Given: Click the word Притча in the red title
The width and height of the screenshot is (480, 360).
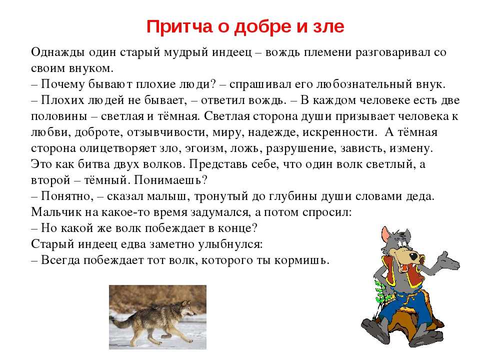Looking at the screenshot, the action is [179, 27].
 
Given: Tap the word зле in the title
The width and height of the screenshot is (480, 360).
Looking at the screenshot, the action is [328, 26].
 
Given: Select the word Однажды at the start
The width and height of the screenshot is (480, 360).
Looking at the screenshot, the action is [58, 52].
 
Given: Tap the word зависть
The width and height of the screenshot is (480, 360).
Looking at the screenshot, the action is [363, 148].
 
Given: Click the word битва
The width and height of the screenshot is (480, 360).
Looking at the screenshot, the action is [94, 164].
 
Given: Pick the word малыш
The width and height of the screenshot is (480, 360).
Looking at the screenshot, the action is [166, 196].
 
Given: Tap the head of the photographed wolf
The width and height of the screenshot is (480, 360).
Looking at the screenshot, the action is [186, 308].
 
